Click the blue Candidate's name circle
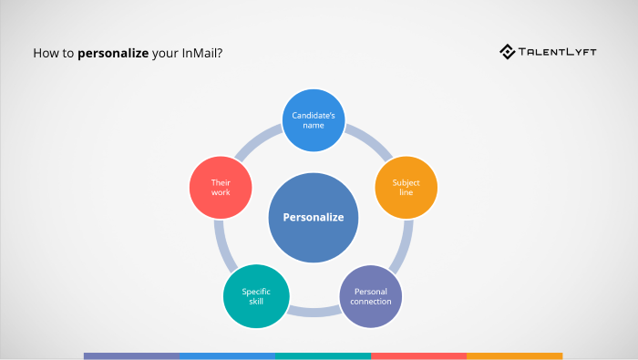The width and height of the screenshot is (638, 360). (314, 119)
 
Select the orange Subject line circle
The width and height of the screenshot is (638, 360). (406, 188)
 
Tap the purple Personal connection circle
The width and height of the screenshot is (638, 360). (371, 296)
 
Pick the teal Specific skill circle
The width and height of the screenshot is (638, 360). (255, 296)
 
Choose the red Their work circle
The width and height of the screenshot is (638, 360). (221, 188)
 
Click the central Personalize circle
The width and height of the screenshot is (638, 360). (314, 217)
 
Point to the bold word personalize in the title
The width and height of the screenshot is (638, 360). (113, 53)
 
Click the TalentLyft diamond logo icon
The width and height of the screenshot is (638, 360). (508, 52)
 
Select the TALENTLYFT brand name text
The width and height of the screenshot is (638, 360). (560, 52)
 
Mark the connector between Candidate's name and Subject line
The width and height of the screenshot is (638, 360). (369, 141)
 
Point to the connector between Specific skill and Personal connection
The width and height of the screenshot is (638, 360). (314, 312)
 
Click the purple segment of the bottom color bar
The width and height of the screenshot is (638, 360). (131, 355)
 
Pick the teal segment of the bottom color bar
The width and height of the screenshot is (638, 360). (323, 355)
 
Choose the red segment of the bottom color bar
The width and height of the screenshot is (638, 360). (418, 355)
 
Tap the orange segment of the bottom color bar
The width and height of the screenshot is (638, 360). (514, 355)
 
